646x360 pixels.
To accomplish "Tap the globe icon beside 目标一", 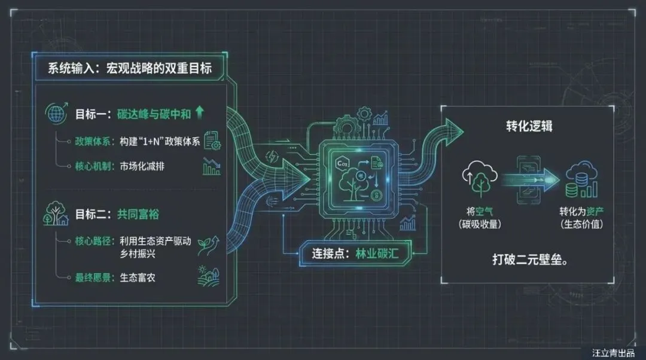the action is point(56,114).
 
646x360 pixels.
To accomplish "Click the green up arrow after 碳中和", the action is point(199,113).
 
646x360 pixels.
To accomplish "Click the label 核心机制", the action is point(93,166).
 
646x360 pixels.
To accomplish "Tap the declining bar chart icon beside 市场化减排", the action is point(211,166).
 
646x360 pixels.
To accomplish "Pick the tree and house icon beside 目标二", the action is point(56,214).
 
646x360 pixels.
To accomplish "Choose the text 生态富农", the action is point(138,277).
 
